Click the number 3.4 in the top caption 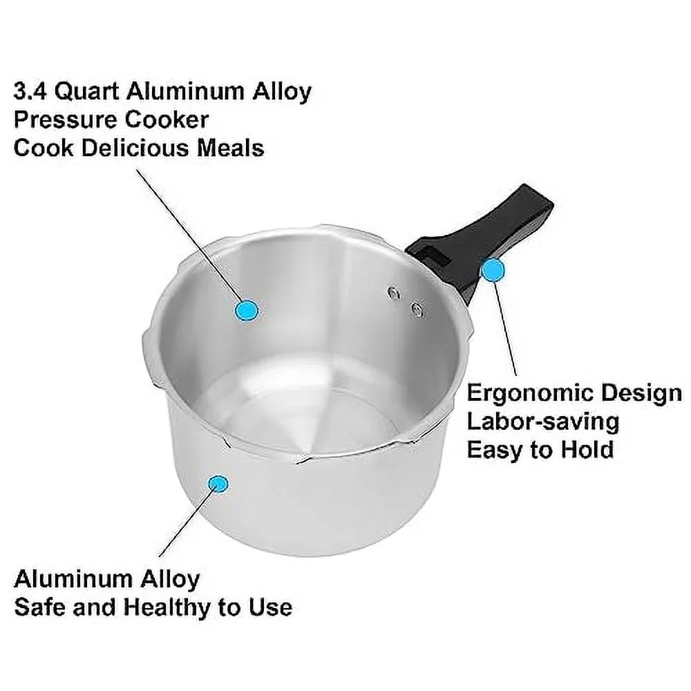(30, 92)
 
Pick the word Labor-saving (542, 422)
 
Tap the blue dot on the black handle (493, 271)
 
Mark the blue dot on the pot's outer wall (220, 484)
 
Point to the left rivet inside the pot (395, 293)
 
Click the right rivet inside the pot (417, 309)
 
